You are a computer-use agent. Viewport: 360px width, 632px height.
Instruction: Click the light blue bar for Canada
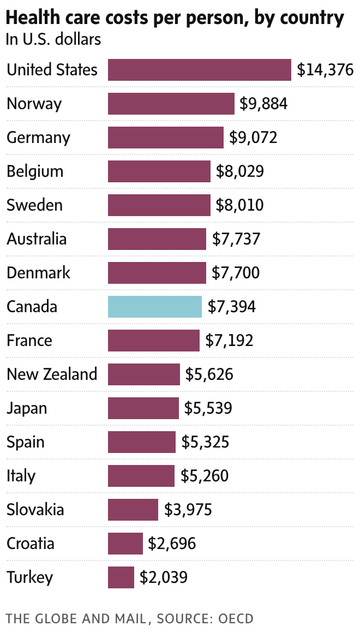tap(155, 307)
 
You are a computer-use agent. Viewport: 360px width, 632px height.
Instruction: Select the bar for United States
tap(200, 70)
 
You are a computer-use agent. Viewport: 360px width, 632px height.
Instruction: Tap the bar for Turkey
tap(121, 577)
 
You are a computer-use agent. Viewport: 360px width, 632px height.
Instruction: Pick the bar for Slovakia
tap(133, 510)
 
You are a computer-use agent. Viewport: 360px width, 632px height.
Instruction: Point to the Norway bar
tap(171, 104)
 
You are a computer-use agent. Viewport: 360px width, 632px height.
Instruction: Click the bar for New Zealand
tap(144, 374)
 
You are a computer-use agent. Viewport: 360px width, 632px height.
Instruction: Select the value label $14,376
tap(325, 70)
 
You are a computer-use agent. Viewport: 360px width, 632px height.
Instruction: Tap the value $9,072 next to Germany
tap(254, 138)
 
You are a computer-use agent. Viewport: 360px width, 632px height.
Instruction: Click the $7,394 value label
tap(232, 307)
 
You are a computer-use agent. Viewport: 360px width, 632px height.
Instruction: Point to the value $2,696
tap(172, 544)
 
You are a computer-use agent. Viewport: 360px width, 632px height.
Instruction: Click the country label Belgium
tap(35, 171)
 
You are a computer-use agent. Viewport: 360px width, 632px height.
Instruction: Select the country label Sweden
tap(34, 205)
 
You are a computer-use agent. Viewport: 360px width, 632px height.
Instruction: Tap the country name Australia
tap(37, 239)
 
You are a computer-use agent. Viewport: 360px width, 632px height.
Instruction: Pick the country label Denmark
tap(38, 273)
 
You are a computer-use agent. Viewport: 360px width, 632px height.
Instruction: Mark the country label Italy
tap(21, 476)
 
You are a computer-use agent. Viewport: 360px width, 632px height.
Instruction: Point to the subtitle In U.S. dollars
tap(53, 40)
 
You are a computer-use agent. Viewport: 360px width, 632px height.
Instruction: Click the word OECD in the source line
tap(236, 618)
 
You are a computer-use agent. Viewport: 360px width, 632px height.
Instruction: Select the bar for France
tap(154, 341)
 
